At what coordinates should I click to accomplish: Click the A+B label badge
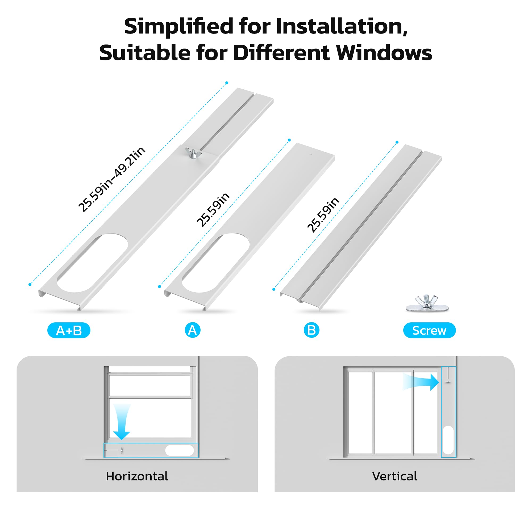[69, 330]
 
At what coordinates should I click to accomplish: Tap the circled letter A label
[193, 330]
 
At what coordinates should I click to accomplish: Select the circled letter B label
[311, 330]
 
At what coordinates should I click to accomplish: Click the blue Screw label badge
[429, 330]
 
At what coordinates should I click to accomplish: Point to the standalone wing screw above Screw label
[427, 303]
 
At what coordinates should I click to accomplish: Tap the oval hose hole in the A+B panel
[92, 263]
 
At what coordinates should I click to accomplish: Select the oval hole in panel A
[216, 263]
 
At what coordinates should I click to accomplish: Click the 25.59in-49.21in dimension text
[112, 179]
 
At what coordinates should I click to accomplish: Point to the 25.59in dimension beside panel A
[213, 210]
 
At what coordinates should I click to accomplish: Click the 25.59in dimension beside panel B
[323, 215]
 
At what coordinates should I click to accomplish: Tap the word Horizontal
[137, 476]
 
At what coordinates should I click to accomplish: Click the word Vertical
[394, 476]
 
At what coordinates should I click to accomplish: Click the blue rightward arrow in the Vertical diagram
[421, 382]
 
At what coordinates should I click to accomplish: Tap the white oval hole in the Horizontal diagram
[180, 450]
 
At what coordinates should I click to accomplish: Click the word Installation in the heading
[342, 26]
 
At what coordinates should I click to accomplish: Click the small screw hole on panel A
[311, 155]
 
